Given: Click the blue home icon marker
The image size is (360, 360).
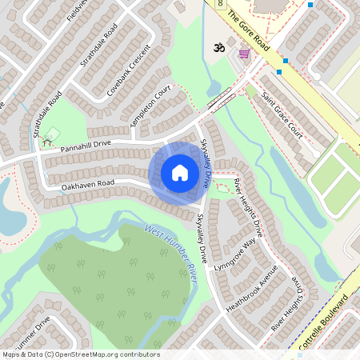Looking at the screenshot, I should [x=180, y=173].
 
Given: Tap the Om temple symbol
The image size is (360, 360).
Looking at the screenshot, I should [x=214, y=49].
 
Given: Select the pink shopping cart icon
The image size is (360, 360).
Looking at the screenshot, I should [x=243, y=54].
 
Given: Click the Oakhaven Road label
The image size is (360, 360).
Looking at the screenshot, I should [x=88, y=186].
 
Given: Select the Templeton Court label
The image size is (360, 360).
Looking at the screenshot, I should [x=151, y=107].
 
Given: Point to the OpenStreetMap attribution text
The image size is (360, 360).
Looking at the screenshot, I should [x=80, y=354].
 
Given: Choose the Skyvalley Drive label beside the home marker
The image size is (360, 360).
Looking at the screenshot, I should [x=207, y=159].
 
